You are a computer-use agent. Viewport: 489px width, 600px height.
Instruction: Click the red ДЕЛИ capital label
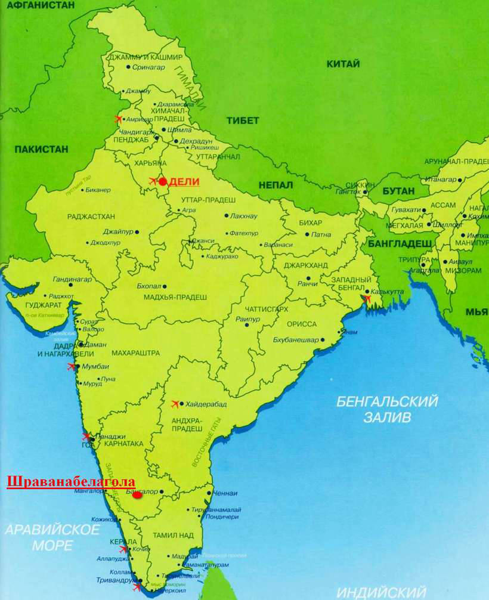pos(184,182)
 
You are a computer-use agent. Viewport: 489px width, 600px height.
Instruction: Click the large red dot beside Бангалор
pos(137,494)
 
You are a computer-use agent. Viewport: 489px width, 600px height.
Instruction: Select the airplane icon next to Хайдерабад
pos(175,404)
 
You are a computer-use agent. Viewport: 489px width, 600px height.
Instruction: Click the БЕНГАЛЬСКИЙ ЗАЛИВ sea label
pos(387,409)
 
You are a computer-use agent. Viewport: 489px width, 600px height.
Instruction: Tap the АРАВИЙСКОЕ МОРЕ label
pos(52,537)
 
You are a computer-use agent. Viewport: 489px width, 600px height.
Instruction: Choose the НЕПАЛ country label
pos(276,185)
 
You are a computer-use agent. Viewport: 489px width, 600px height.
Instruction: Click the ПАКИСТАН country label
pos(42,149)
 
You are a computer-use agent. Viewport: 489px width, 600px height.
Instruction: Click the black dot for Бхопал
pos(165,286)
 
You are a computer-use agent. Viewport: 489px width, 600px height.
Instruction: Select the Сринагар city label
pos(149,67)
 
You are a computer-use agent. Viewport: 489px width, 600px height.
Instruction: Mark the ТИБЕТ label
pos(243,120)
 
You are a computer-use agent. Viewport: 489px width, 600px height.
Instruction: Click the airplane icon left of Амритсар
pos(118,119)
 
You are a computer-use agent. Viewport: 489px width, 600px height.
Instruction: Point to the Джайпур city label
pos(117,231)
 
